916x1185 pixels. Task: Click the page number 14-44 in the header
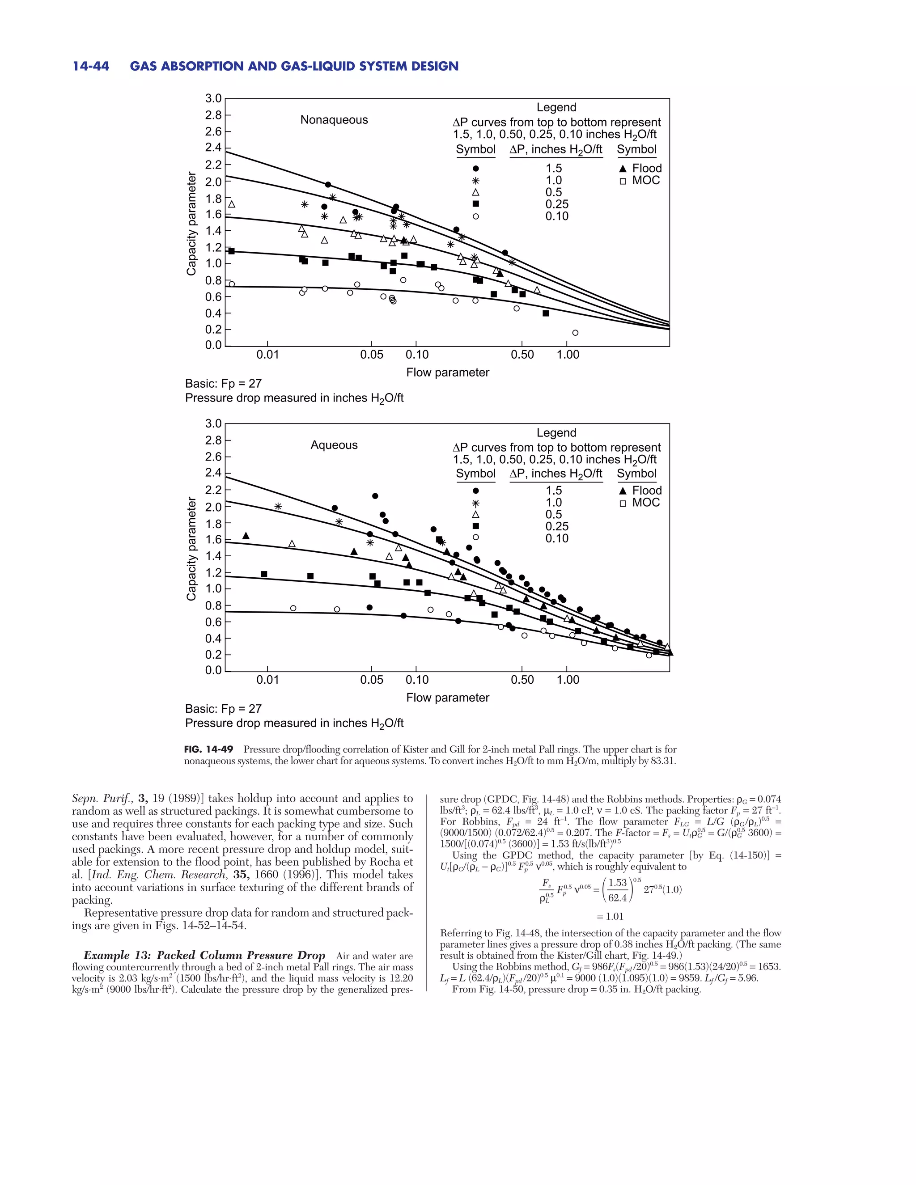[91, 66]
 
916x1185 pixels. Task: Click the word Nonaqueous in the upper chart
[334, 120]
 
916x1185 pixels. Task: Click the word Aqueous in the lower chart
[334, 445]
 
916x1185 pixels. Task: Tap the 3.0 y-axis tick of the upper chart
[213, 98]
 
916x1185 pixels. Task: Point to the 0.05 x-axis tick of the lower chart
[371, 680]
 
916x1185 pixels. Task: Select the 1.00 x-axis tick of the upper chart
[567, 355]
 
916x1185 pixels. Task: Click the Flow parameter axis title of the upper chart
[447, 372]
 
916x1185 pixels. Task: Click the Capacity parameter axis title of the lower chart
[191, 549]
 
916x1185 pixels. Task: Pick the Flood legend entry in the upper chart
[641, 168]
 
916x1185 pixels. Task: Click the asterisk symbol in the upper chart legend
[475, 181]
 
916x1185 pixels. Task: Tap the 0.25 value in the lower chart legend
[556, 526]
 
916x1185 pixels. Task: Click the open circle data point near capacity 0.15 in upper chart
[575, 333]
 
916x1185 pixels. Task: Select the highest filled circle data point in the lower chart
[375, 496]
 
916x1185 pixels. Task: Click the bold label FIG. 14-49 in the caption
[208, 749]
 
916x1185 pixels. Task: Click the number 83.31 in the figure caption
[662, 761]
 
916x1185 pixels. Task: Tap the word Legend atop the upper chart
[556, 107]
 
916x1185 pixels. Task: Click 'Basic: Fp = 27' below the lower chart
[223, 709]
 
